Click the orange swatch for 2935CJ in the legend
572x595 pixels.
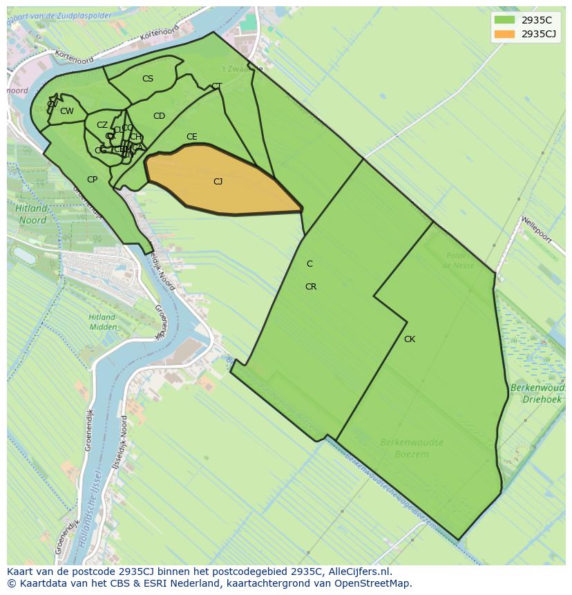pos(504,34)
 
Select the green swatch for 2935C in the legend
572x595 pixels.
pos(504,20)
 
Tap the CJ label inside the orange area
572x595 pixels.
pos(218,182)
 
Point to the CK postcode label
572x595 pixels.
pos(410,339)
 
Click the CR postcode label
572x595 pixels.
pos(311,287)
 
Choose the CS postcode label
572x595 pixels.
pos(148,79)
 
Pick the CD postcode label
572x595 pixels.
pos(159,116)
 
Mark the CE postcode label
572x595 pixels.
pos(192,137)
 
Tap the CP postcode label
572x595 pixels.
pos(92,180)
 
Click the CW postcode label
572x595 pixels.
pos(66,111)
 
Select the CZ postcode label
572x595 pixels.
pos(102,125)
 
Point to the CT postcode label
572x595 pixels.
pos(216,86)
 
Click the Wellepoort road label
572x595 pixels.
pos(537,229)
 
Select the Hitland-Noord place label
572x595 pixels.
pos(32,214)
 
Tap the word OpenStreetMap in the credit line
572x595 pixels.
pos(373,583)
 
